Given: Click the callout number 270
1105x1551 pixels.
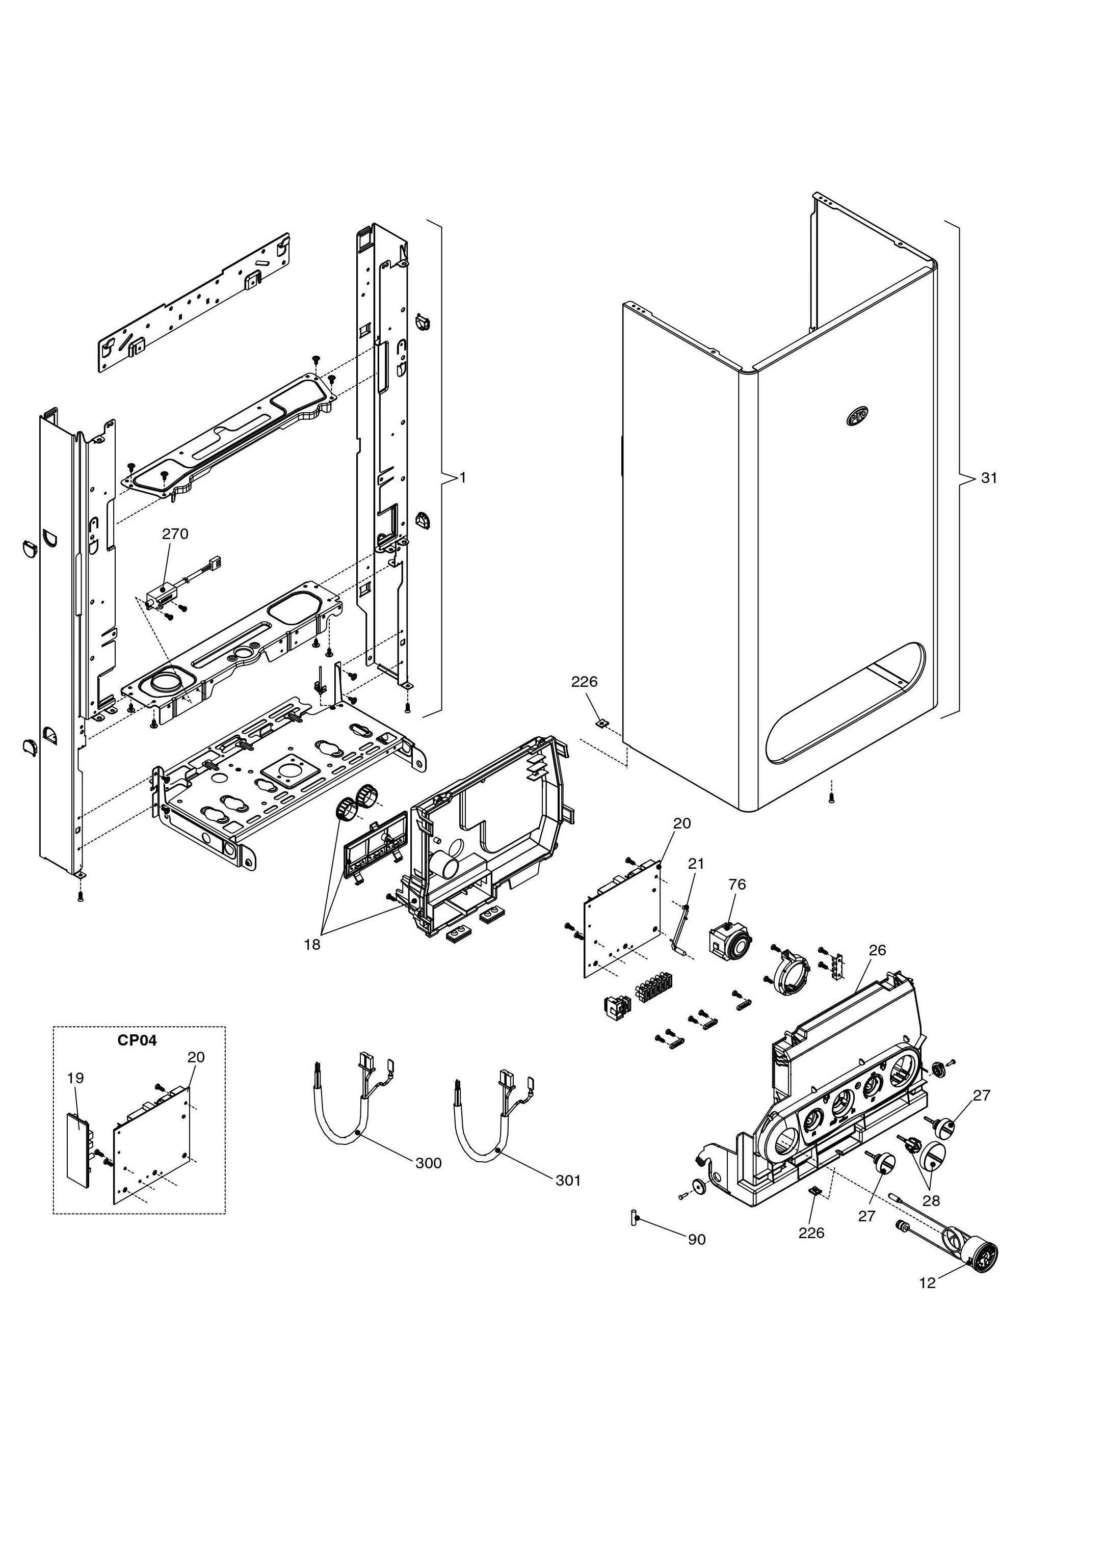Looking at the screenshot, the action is [x=175, y=534].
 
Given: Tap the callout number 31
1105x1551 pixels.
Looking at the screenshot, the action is [x=989, y=478].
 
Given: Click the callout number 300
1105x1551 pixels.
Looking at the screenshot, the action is [x=429, y=1163].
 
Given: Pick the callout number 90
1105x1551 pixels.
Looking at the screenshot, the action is [x=697, y=1240].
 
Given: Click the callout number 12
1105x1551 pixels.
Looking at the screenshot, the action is [x=928, y=1283].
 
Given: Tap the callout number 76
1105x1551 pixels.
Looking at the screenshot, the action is [x=737, y=885].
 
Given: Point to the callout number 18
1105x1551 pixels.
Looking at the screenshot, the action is [x=311, y=945].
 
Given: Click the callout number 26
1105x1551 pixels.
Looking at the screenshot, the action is [x=878, y=950].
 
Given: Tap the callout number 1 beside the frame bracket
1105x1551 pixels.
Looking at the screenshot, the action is [x=463, y=478].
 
